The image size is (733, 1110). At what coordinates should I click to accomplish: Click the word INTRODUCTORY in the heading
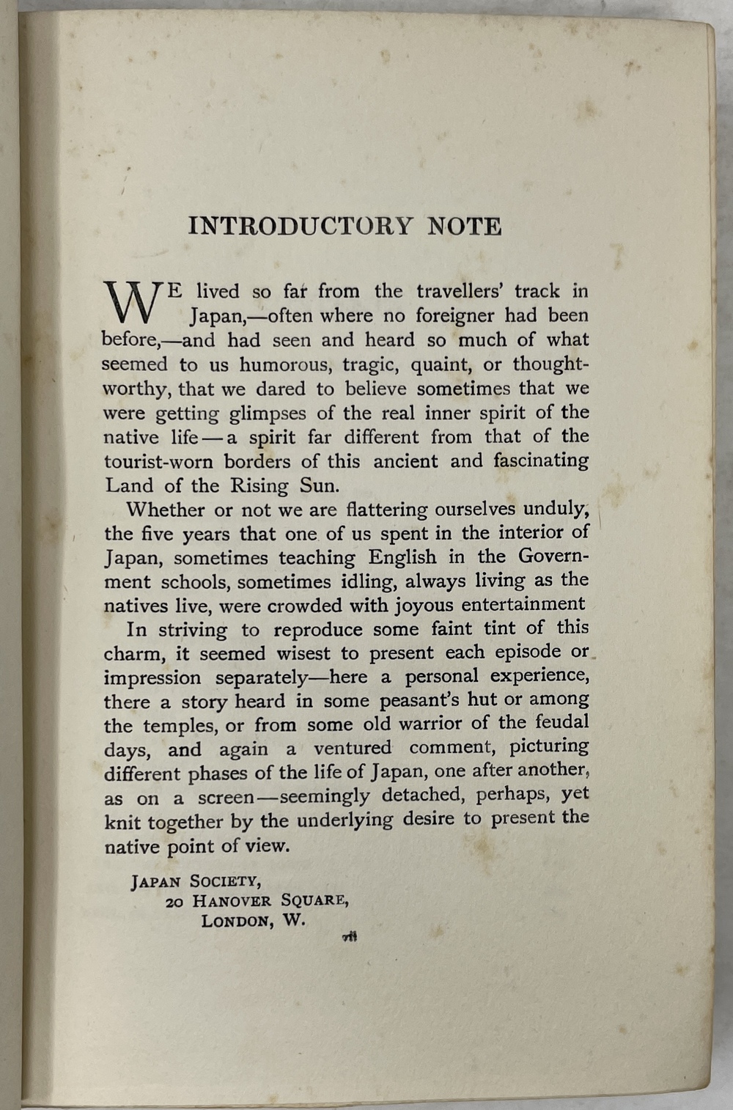pyautogui.click(x=301, y=226)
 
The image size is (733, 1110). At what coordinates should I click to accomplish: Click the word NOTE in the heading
pyautogui.click(x=465, y=226)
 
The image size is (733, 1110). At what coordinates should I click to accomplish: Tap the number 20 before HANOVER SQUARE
pyautogui.click(x=174, y=902)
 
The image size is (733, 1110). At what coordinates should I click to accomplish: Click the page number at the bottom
pyautogui.click(x=350, y=936)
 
